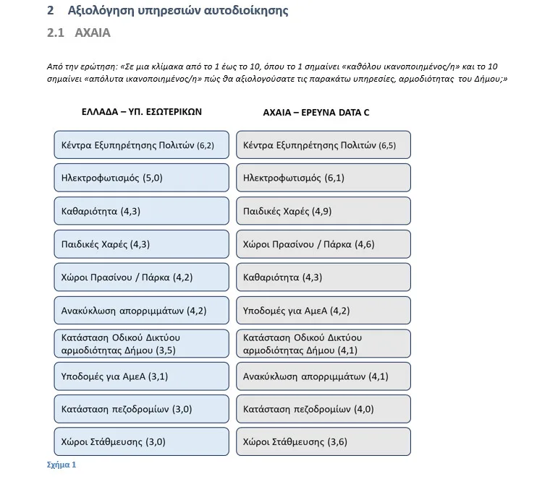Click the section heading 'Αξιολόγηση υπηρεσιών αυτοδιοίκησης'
coord(177,11)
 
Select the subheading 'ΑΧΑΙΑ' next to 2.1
coord(93,33)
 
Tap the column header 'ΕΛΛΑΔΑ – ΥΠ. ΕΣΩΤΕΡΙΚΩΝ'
coord(141,112)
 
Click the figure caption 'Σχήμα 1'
coord(61,465)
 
